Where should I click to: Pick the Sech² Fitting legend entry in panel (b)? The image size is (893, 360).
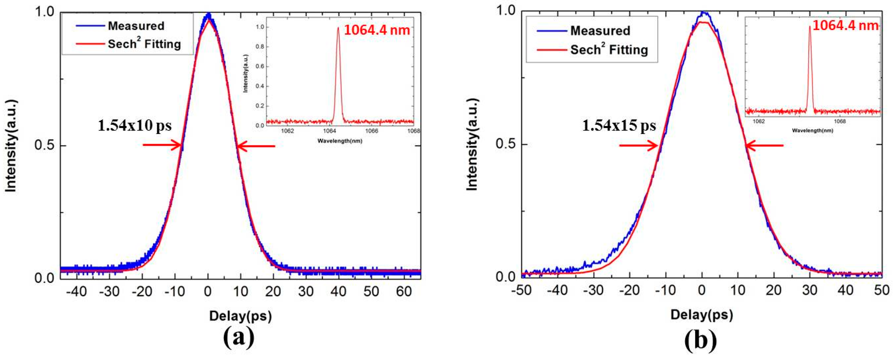coord(609,50)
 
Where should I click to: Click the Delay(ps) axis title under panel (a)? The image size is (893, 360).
coord(240,316)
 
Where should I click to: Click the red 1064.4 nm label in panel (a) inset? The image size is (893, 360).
coord(377,30)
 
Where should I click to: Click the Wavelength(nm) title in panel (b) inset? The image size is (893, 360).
coord(812,130)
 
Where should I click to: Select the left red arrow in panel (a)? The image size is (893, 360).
coord(162,145)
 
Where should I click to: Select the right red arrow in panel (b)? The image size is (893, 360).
coord(764,145)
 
